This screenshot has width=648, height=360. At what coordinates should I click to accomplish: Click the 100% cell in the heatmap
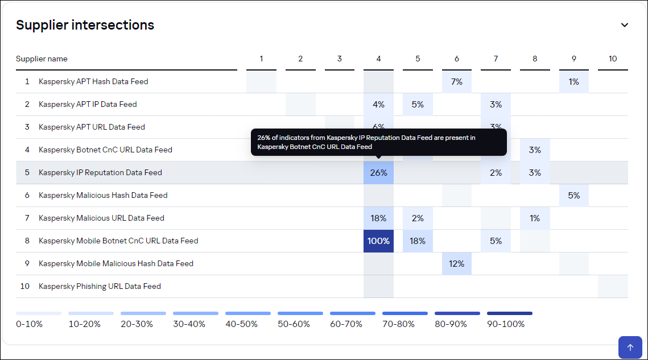(x=378, y=241)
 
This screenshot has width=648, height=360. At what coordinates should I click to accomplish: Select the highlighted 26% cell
(x=378, y=172)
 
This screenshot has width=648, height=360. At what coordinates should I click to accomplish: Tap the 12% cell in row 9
(x=456, y=263)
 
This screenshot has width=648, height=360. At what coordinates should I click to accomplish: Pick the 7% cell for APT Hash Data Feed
(x=456, y=81)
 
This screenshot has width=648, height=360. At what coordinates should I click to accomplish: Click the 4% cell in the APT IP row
(x=378, y=104)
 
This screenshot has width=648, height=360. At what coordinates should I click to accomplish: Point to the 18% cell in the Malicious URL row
(x=378, y=218)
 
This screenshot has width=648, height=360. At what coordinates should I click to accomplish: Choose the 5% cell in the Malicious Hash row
(x=573, y=195)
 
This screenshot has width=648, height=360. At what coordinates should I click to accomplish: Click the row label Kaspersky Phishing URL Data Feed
(x=100, y=286)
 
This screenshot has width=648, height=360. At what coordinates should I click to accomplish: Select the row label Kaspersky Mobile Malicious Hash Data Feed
(x=115, y=263)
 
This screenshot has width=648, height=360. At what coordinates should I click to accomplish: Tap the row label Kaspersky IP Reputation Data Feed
(x=100, y=172)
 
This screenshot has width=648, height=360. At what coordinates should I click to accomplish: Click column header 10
(x=612, y=59)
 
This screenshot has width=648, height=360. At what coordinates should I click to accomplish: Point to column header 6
(x=456, y=59)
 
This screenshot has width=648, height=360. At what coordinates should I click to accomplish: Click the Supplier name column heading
(x=42, y=59)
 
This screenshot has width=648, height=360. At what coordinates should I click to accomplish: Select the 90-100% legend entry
(x=506, y=324)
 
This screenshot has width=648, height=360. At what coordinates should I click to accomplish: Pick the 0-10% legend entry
(x=30, y=324)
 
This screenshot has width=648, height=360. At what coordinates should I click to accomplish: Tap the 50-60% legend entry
(x=294, y=324)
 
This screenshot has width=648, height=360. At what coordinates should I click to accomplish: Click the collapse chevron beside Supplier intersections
(x=624, y=25)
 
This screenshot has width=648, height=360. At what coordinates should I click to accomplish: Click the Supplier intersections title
(x=85, y=25)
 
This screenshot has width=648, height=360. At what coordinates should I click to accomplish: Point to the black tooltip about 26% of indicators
(x=378, y=142)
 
